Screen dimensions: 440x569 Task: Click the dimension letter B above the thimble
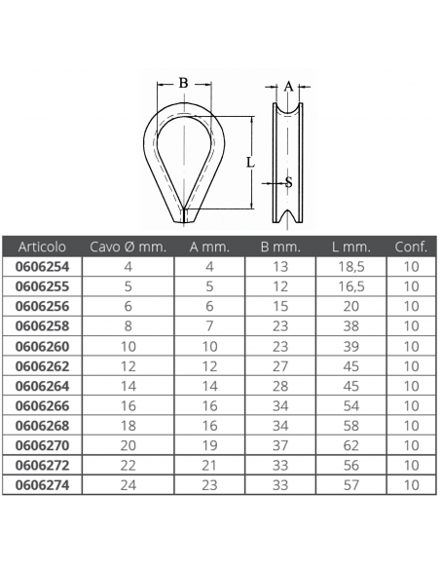click(x=183, y=83)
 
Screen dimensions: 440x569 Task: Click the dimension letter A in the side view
click(x=288, y=87)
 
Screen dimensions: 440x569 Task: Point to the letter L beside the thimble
click(x=250, y=162)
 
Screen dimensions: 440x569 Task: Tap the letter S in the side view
click(x=289, y=182)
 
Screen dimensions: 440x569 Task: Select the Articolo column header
click(x=42, y=247)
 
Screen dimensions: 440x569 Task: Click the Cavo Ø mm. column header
click(x=128, y=247)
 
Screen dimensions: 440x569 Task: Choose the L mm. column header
click(x=351, y=247)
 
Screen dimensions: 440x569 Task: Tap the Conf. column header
click(x=411, y=247)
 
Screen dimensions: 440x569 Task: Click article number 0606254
click(x=42, y=267)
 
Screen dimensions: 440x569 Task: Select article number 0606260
click(x=42, y=347)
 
